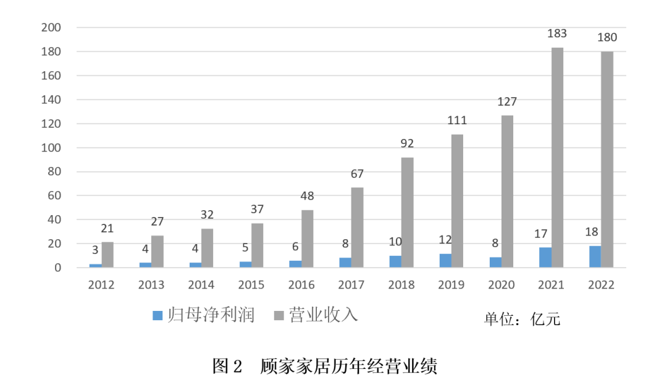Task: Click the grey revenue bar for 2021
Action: click(x=557, y=158)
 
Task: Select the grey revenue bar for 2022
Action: click(x=607, y=159)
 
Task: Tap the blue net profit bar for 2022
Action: click(x=595, y=256)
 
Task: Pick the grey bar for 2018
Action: click(x=407, y=212)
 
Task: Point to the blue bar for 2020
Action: click(x=495, y=262)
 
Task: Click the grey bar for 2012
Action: click(x=107, y=255)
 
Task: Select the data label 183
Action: click(x=557, y=33)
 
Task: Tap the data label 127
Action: click(x=507, y=101)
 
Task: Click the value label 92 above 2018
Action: click(x=407, y=143)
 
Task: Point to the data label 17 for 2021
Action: click(x=545, y=234)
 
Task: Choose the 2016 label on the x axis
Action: click(x=301, y=285)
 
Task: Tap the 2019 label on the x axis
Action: click(x=451, y=285)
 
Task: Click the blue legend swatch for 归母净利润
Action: click(x=157, y=316)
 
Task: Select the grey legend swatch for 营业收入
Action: click(x=279, y=316)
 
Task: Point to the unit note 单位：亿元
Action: click(x=522, y=318)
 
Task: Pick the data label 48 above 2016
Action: click(x=307, y=196)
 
